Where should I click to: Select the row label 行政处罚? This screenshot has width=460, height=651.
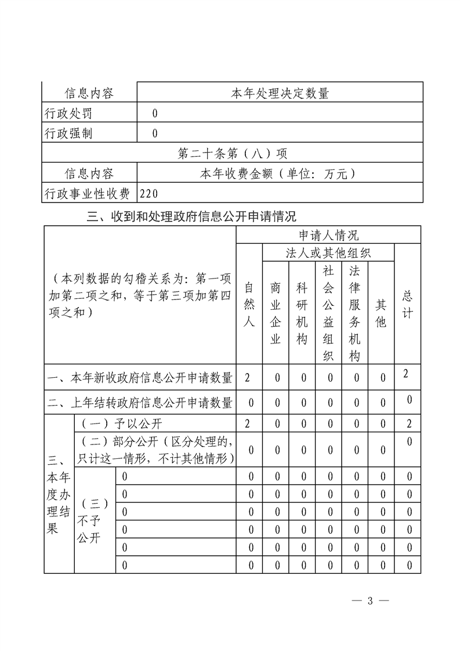[x=68, y=113]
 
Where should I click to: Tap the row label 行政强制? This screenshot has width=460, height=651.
[x=68, y=133]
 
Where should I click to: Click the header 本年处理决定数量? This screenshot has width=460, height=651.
[x=280, y=93]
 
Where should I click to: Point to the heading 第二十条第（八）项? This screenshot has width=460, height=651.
[x=232, y=154]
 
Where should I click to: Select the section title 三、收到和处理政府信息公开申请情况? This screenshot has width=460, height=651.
[x=191, y=217]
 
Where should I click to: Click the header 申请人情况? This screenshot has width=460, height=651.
[x=328, y=235]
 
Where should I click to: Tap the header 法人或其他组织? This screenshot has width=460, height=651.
[x=328, y=253]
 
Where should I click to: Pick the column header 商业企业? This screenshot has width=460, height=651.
[x=276, y=313]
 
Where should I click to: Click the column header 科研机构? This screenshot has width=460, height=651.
[x=302, y=313]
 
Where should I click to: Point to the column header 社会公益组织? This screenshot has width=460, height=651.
[x=328, y=313]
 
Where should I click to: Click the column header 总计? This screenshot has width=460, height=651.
[x=408, y=304]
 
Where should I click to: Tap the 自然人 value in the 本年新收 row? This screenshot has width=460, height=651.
[x=248, y=378]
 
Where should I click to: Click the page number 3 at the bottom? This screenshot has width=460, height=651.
[x=370, y=601]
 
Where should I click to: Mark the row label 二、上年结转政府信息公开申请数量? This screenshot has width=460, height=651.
[x=139, y=402]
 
